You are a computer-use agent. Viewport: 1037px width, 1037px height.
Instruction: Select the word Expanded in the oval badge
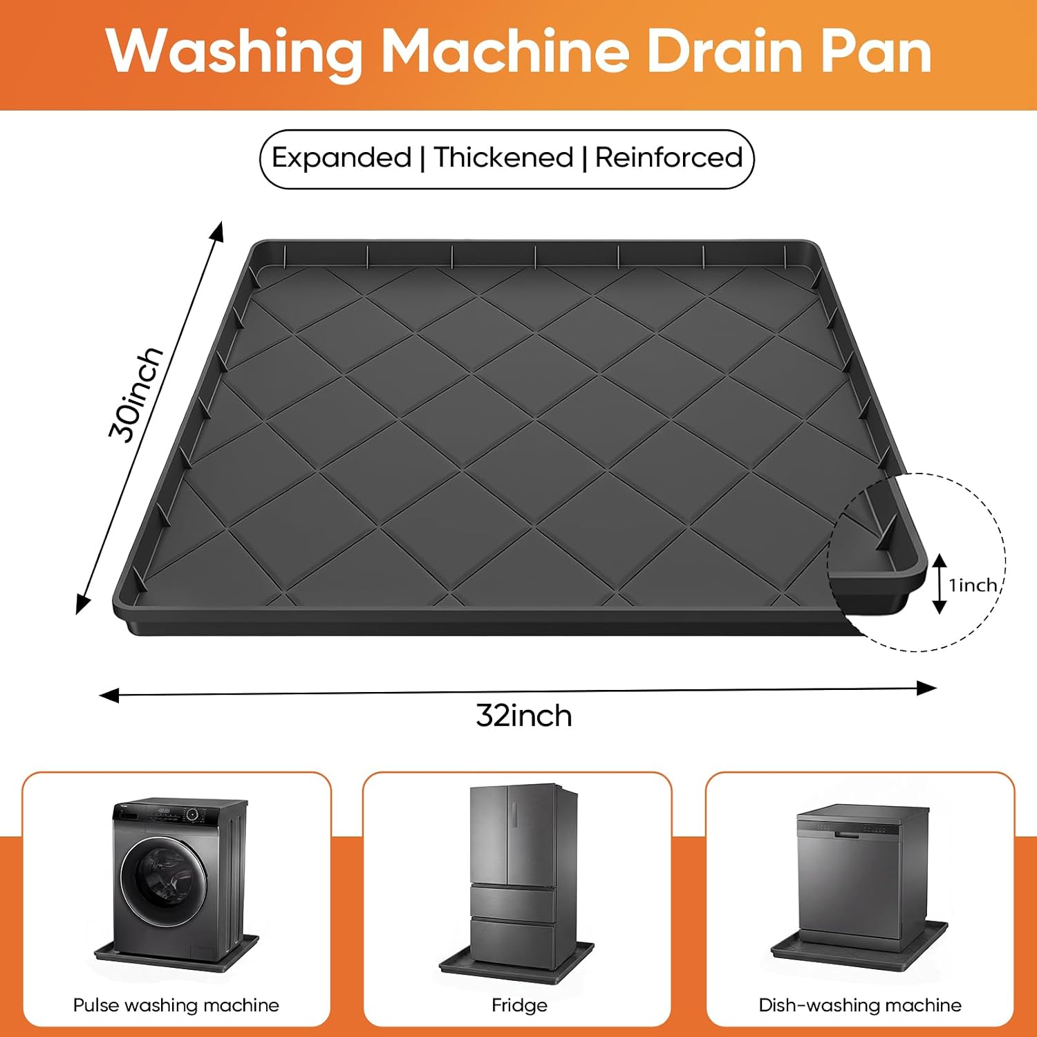342,158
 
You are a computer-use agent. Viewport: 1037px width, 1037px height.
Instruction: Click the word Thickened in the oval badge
504,158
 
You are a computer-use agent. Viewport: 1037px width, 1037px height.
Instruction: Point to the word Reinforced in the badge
669,158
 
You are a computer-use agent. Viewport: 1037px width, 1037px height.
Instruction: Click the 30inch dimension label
136,394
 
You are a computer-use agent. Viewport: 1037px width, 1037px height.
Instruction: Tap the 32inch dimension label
524,716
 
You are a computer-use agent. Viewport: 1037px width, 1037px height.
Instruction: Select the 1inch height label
973,586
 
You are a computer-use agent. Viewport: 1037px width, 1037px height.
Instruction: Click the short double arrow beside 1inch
939,584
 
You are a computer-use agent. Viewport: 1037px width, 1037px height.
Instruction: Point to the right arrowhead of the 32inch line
927,688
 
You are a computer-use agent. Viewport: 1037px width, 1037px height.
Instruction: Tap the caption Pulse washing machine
176,1005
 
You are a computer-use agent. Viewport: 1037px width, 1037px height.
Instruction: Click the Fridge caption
519,1005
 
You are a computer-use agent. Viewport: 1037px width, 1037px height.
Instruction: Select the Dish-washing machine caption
860,1005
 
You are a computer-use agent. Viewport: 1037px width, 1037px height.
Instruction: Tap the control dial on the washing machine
193,815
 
